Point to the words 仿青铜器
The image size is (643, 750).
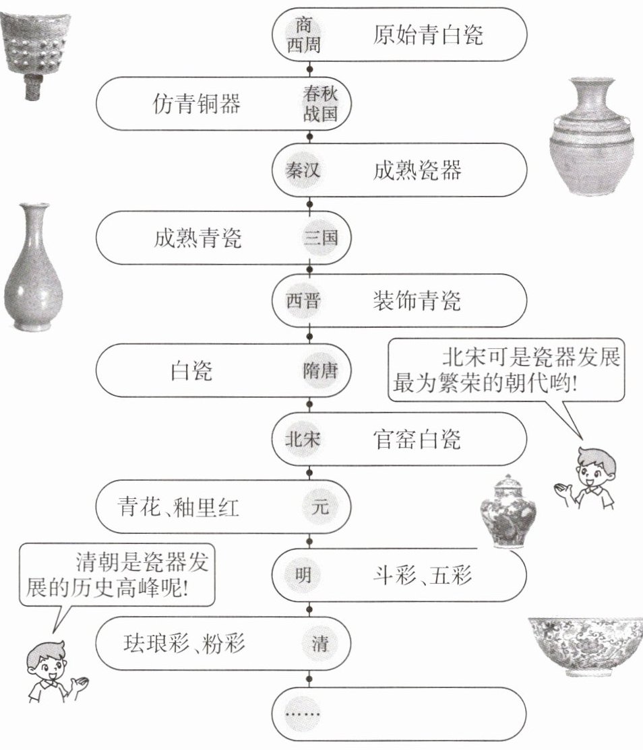pos(197,104)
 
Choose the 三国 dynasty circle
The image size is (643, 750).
pos(319,238)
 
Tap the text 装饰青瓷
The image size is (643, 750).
pos(417,301)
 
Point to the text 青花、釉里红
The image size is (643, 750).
pos(179,506)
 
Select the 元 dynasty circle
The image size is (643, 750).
pos(319,506)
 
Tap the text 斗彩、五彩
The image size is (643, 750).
pos(423,575)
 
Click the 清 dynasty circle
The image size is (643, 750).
pos(319,643)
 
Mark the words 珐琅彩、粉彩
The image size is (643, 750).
pos(183,643)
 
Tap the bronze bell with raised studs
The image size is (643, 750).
pos(27,50)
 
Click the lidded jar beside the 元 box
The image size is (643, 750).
pos(508,512)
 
